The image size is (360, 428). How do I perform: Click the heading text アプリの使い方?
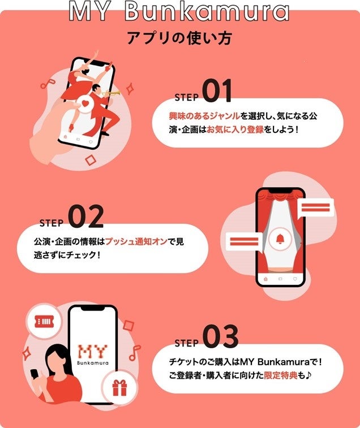click(179, 38)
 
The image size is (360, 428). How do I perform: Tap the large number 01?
click(218, 90)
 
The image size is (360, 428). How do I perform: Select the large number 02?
click(86, 216)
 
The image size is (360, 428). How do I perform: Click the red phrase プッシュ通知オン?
click(136, 241)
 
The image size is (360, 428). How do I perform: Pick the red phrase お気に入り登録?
click(235, 129)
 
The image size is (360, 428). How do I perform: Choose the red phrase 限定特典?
click(281, 375)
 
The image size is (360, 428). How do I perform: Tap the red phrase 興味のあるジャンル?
click(204, 116)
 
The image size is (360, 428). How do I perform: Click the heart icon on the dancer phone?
click(85, 103)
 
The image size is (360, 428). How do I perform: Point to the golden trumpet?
click(112, 93)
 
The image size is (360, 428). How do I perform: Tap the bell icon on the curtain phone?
click(280, 239)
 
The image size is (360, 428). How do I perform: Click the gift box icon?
click(119, 388)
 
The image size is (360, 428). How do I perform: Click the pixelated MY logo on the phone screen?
click(92, 352)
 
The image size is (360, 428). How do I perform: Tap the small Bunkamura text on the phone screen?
click(93, 363)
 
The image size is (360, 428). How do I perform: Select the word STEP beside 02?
click(52, 223)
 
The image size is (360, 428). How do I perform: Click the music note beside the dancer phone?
click(48, 84)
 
